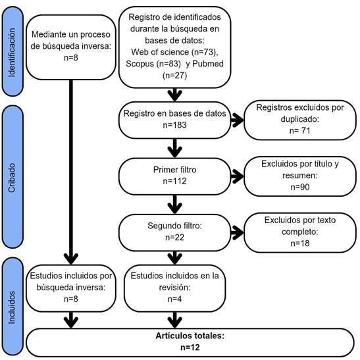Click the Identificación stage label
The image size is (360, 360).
tap(11, 53)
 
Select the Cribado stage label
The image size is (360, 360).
tap(11, 178)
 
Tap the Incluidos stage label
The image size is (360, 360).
tap(11, 307)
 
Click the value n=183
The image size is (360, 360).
tap(174, 125)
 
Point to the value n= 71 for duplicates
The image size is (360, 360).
tap(300, 130)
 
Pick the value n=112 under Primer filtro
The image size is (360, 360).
tap(174, 181)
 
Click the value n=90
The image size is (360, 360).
tap(300, 187)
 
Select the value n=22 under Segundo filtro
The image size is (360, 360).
tap(174, 237)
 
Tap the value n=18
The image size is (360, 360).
tap(300, 243)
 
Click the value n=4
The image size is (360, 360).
tap(174, 299)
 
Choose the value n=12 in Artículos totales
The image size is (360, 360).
tap(190, 347)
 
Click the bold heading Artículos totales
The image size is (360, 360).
tap(190, 336)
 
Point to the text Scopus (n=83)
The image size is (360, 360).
tap(153, 64)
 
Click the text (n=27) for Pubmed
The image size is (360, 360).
tap(174, 75)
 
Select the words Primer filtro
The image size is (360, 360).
tap(174, 170)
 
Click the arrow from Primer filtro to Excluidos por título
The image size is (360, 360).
tap(237, 176)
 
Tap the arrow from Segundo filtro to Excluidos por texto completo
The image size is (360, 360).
tap(237, 232)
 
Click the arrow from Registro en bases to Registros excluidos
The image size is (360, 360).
tap(237, 120)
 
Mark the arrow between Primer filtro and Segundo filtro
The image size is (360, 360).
tap(175, 204)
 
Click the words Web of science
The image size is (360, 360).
tap(160, 52)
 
